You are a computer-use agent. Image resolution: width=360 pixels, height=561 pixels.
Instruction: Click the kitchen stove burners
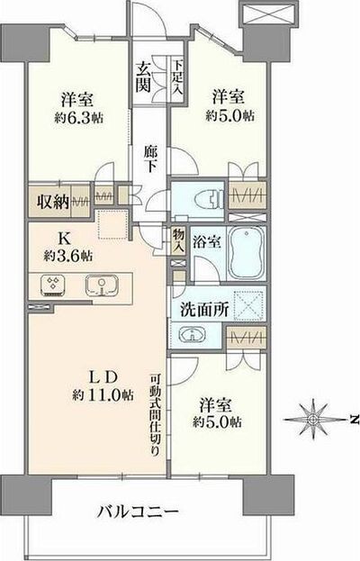coord(52,286)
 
